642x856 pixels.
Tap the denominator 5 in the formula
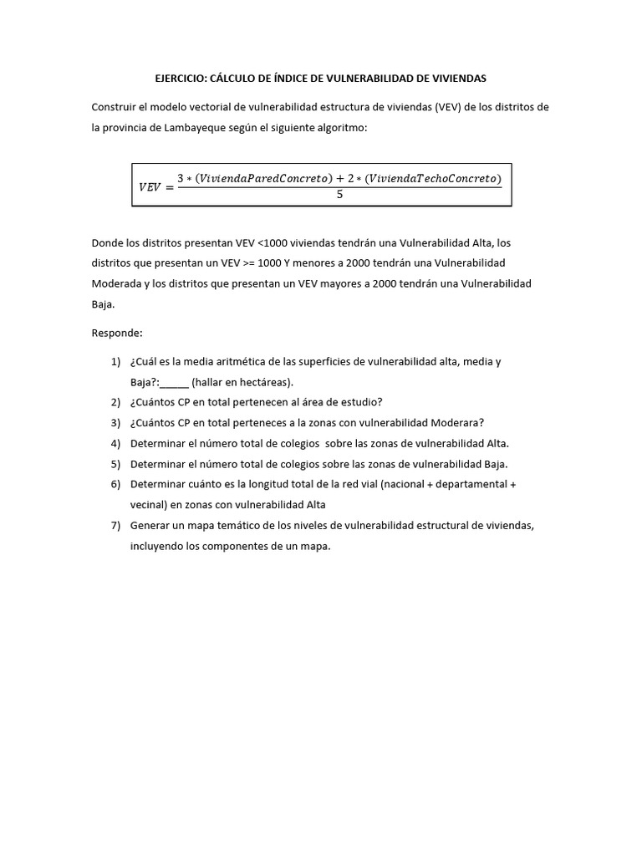[x=339, y=195]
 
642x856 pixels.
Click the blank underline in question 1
[x=175, y=383]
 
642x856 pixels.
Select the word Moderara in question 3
[x=461, y=423]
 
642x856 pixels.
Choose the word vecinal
[x=148, y=504]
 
